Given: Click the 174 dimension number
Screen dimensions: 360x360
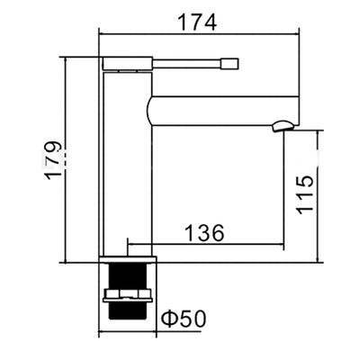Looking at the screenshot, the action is (x=197, y=22).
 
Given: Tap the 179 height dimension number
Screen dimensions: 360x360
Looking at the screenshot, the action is (x=53, y=160).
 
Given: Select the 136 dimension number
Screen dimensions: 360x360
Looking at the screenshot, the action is (x=204, y=232).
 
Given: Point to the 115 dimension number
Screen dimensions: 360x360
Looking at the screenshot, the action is (x=304, y=194).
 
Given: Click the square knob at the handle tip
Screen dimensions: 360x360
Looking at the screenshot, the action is (x=229, y=64).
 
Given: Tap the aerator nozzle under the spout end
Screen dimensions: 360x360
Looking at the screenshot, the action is (x=283, y=126).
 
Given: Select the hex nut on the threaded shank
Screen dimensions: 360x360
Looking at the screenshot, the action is (x=128, y=295).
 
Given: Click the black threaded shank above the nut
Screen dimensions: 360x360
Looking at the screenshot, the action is (x=128, y=275).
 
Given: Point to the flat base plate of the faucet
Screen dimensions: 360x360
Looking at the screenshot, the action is (x=128, y=259).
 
